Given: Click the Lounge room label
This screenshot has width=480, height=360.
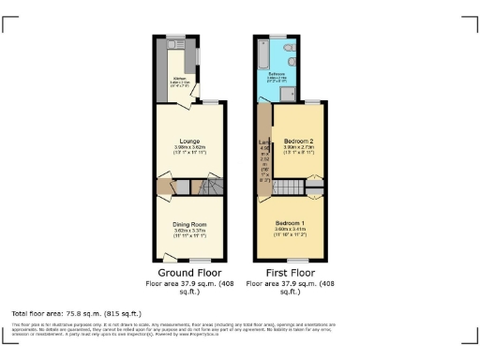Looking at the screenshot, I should [x=188, y=142].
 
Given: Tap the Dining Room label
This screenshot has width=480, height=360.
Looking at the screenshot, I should [x=188, y=224].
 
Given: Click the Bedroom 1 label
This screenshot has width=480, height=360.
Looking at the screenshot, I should [x=292, y=223].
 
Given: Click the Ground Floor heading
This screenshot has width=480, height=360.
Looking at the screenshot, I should [x=188, y=274].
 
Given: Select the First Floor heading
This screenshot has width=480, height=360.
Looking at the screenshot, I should [x=290, y=274].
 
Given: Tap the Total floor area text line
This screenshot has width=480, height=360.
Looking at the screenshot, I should [x=76, y=312].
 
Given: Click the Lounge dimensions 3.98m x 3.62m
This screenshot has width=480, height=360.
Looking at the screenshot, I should [x=188, y=149].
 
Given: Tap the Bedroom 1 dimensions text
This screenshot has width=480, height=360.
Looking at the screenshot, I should [x=292, y=231].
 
